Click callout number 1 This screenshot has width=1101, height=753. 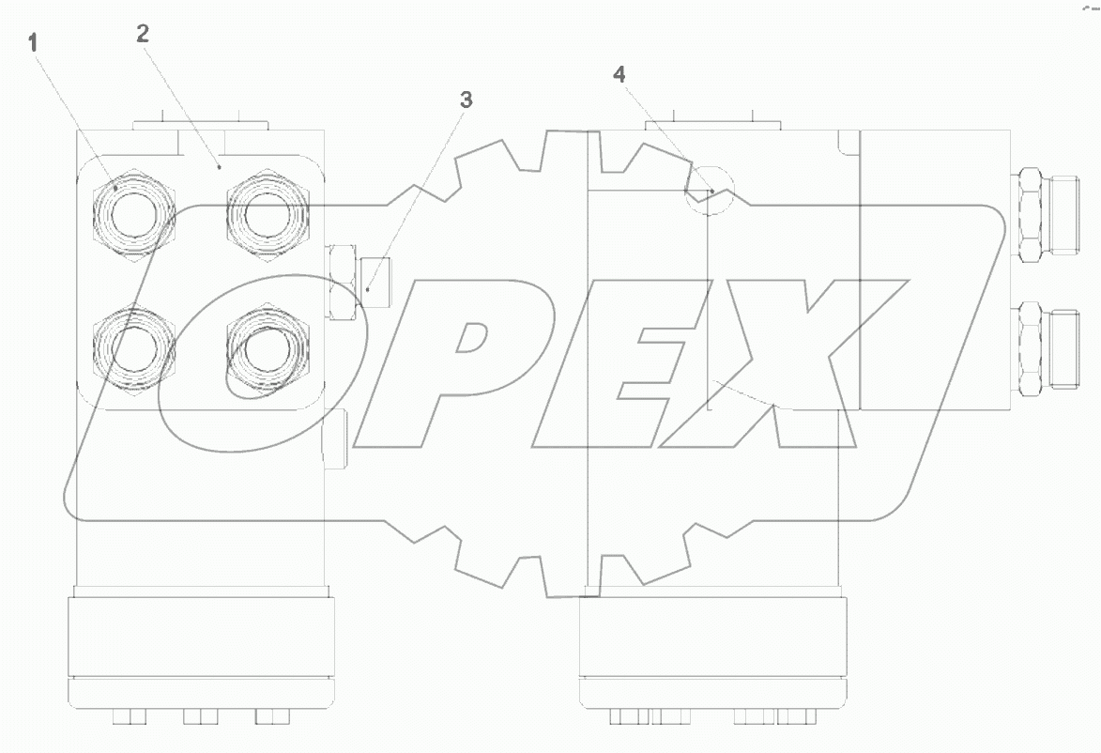(x=34, y=41)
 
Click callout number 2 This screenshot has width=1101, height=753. (x=142, y=35)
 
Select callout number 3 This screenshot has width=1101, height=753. (x=466, y=100)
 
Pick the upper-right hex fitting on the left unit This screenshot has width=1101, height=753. (x=267, y=212)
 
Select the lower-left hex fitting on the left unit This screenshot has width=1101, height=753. (x=134, y=346)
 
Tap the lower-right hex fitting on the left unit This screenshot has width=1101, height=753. (x=267, y=346)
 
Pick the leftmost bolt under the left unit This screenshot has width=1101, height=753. (x=129, y=717)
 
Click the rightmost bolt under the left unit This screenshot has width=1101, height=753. (x=270, y=717)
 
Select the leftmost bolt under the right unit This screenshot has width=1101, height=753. (x=628, y=717)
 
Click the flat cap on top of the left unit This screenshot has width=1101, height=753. (x=201, y=123)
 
